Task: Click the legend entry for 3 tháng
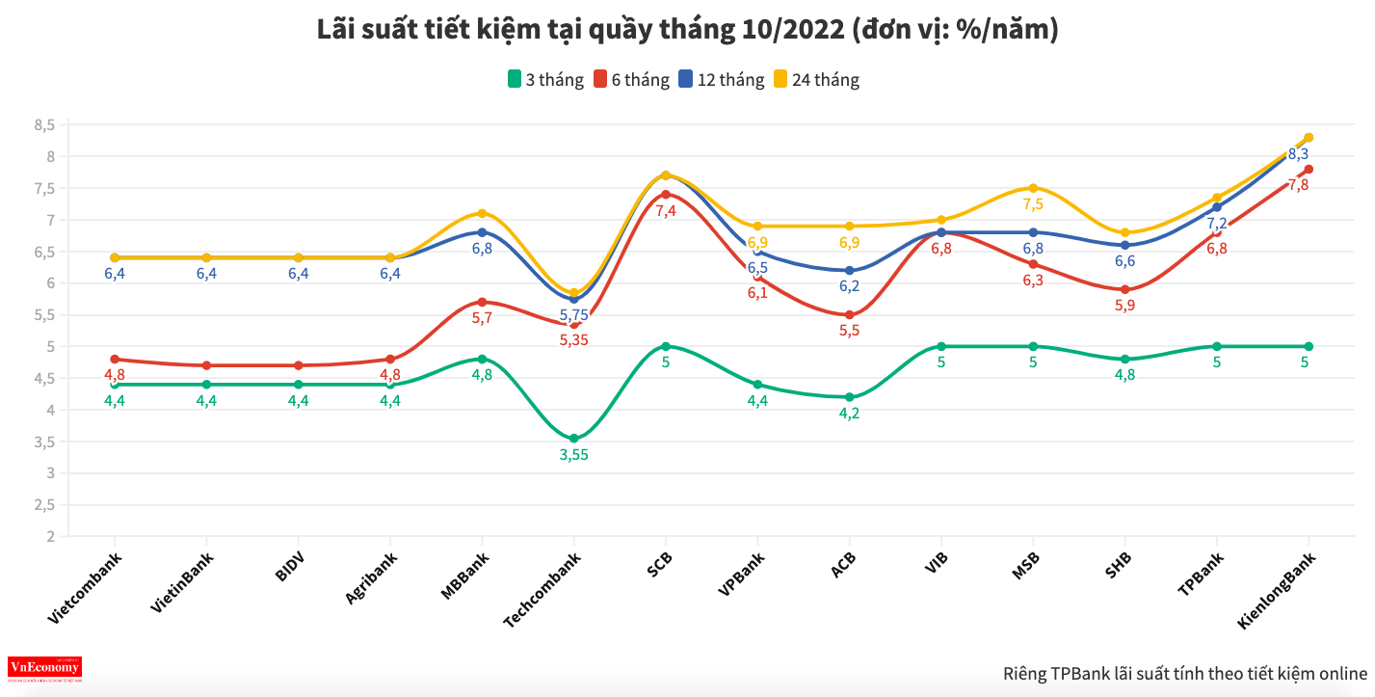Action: tap(545, 80)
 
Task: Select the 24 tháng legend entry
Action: tap(815, 80)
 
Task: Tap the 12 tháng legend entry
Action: tap(721, 80)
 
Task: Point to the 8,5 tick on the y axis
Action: tap(45, 124)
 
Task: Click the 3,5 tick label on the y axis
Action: tap(45, 442)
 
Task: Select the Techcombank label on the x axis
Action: tap(542, 590)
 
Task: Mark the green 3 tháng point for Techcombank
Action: tap(573, 439)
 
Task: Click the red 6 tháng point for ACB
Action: tap(849, 315)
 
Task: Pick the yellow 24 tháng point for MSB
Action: tap(1033, 188)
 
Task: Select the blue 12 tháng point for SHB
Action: tap(1124, 245)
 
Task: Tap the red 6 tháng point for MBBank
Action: tap(482, 302)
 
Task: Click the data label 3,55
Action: tap(573, 455)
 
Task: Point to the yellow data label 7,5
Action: tap(1033, 204)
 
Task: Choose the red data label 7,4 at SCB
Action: tap(666, 210)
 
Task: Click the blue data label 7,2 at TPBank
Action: tap(1217, 224)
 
